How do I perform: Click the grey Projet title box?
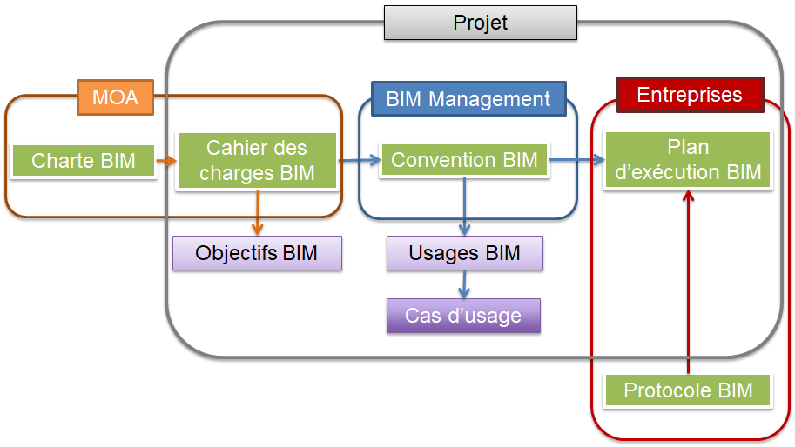(x=480, y=23)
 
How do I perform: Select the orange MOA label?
(x=115, y=97)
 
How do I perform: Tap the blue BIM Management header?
(x=468, y=99)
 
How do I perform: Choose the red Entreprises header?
(x=689, y=95)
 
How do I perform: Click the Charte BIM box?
(x=84, y=161)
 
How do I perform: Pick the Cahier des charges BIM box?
(x=256, y=161)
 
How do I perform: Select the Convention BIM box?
(x=463, y=160)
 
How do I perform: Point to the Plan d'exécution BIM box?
(x=688, y=161)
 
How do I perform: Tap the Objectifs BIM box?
(x=256, y=253)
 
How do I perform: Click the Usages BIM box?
(x=464, y=253)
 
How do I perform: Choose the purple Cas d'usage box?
(x=463, y=316)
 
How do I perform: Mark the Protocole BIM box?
(x=688, y=390)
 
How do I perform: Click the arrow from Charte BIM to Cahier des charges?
(x=166, y=160)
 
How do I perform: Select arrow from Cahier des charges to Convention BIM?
(x=359, y=160)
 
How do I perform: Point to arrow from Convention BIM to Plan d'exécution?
(x=576, y=160)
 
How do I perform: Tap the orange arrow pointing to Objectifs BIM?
(x=257, y=213)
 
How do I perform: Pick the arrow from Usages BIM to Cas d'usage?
(x=464, y=284)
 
